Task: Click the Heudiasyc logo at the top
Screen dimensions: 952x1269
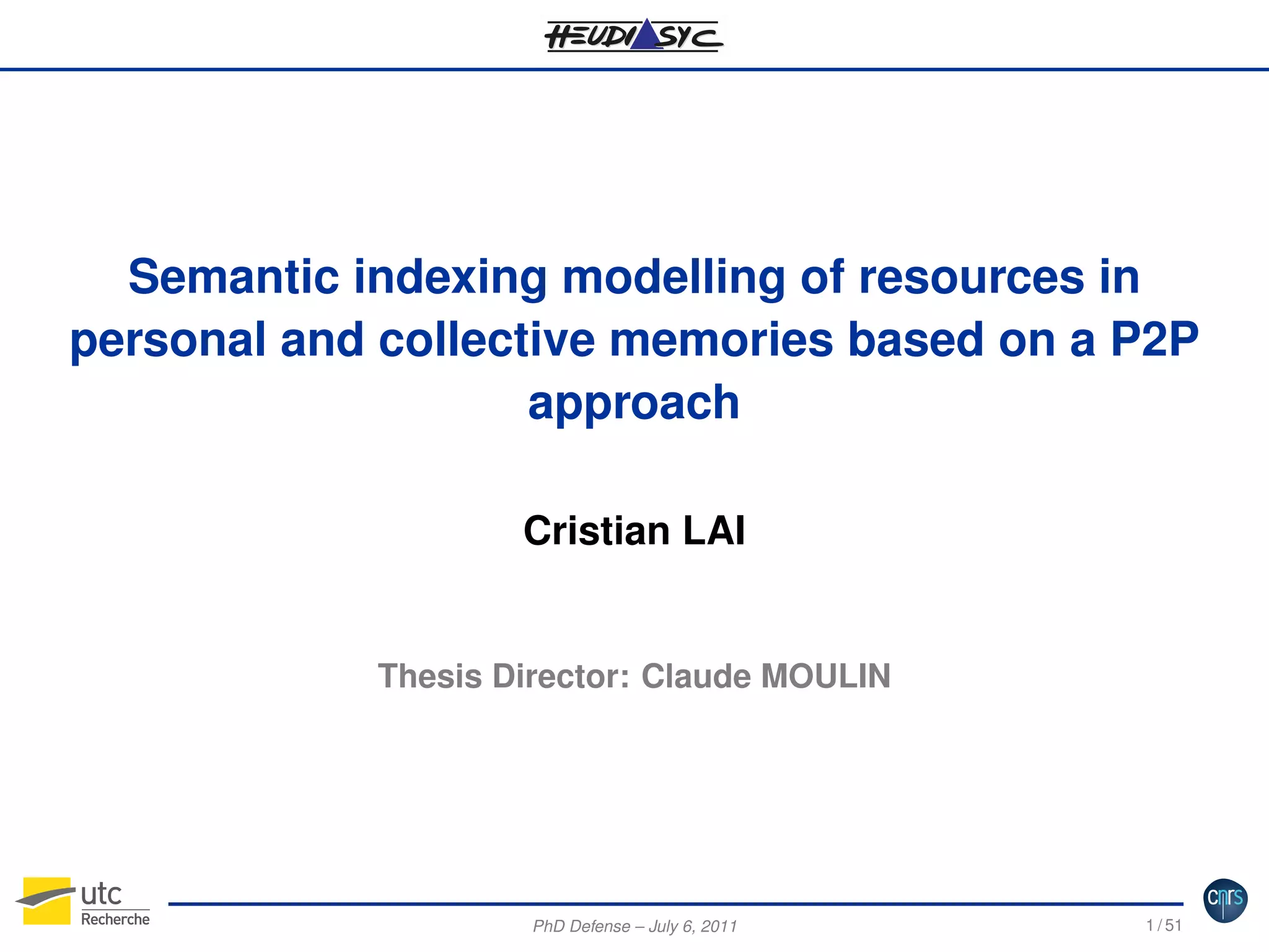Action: pyautogui.click(x=633, y=35)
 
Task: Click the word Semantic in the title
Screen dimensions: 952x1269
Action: pyautogui.click(x=234, y=277)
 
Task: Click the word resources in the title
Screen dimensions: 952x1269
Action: pyautogui.click(x=972, y=277)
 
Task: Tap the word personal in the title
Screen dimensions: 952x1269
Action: pyautogui.click(x=167, y=341)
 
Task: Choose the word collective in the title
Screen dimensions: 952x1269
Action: pyautogui.click(x=486, y=340)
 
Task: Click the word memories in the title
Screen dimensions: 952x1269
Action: pyautogui.click(x=721, y=340)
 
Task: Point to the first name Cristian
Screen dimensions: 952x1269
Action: pyautogui.click(x=597, y=531)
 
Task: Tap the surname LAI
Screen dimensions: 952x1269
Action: pyautogui.click(x=714, y=531)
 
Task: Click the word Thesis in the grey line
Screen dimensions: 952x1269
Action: pyautogui.click(x=429, y=676)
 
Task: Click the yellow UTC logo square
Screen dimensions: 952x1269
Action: pyautogui.click(x=46, y=901)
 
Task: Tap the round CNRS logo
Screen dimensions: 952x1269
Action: pyautogui.click(x=1225, y=900)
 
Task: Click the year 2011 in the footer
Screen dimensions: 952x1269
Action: pyautogui.click(x=719, y=926)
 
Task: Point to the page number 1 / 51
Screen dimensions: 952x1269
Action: pyautogui.click(x=1164, y=925)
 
